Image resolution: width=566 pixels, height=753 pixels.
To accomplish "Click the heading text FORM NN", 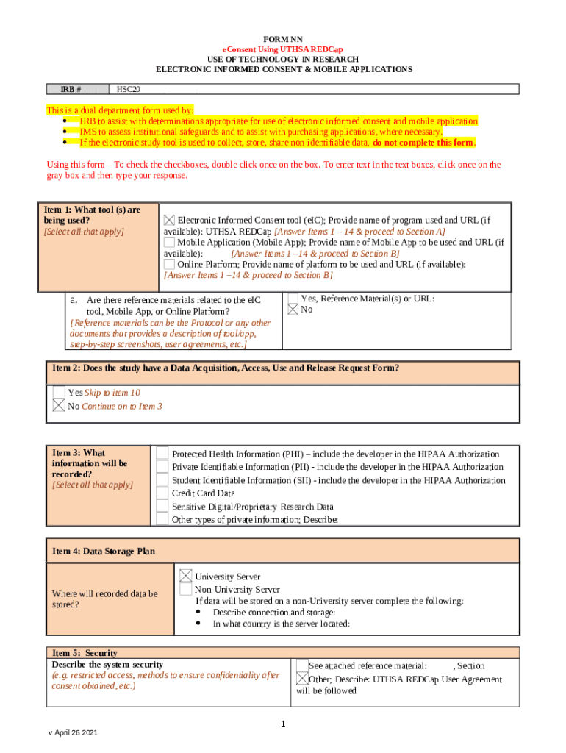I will (284, 38).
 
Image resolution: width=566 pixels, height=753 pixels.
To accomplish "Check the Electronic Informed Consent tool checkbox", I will (170, 220).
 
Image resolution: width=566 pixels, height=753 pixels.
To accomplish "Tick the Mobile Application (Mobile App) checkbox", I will (169, 242).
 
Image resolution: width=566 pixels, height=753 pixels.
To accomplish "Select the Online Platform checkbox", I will (169, 264).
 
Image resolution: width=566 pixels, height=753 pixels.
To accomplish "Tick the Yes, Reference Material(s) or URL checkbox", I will (293, 299).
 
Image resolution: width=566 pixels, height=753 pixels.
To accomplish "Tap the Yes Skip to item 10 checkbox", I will (59, 393).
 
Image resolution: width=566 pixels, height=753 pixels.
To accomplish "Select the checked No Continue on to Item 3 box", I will (59, 406).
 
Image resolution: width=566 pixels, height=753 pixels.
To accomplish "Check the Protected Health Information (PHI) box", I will (162, 454).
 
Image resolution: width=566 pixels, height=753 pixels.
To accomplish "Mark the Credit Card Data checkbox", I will (162, 493).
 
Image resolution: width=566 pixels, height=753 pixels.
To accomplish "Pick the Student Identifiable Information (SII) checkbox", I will (162, 481).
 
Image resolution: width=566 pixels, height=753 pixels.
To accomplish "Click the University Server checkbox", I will (186, 577).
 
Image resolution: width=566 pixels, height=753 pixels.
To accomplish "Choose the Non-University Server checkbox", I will (186, 590).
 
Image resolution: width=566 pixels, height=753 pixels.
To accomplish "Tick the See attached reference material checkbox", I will (301, 665).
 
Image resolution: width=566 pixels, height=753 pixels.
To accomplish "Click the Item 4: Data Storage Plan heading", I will (103, 551).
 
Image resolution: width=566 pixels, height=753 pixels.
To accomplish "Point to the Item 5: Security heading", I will (85, 653).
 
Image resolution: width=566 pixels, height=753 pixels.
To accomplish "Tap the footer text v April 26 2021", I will (73, 734).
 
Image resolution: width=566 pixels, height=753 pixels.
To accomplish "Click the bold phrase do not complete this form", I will (423, 143).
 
